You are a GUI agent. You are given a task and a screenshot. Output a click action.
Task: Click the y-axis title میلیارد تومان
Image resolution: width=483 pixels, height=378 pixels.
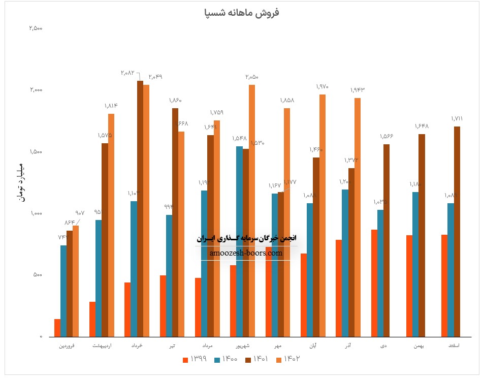[20, 182]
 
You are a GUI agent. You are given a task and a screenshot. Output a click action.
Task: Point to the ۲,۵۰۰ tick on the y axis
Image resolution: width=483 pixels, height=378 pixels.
[36, 28]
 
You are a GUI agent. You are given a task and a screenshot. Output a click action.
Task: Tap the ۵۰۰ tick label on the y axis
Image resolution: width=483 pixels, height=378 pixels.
[38, 275]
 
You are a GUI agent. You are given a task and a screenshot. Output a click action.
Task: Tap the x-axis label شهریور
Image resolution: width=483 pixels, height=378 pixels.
[243, 346]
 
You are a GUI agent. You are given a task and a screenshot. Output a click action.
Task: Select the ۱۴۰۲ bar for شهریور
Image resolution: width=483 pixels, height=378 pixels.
[252, 210]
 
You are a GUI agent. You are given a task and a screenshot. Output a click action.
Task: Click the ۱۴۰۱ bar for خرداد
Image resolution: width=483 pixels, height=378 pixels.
[140, 208]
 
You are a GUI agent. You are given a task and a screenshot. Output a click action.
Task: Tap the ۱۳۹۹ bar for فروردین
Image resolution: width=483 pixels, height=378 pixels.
[57, 328]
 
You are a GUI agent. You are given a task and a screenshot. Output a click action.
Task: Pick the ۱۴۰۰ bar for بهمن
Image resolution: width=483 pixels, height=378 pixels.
[415, 264]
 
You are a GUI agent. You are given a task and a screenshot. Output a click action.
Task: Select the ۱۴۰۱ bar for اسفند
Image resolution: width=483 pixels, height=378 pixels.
[457, 231]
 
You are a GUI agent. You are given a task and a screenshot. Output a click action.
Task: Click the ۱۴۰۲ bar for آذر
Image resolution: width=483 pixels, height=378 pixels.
[358, 217]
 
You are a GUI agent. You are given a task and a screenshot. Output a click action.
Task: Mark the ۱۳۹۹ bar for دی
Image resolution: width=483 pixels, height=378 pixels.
[374, 283]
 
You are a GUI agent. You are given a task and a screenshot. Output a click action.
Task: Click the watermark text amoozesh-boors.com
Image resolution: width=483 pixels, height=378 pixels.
[246, 253]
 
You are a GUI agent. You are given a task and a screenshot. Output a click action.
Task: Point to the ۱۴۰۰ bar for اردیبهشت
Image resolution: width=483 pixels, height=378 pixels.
[99, 278]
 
